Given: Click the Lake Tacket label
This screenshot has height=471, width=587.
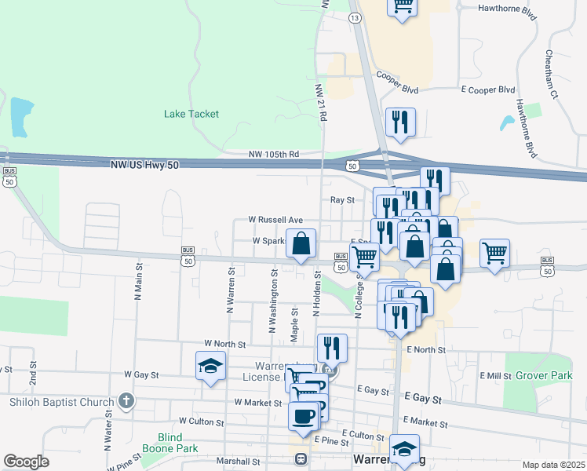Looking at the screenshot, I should (191, 114).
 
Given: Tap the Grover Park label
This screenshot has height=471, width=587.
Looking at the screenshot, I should (544, 376).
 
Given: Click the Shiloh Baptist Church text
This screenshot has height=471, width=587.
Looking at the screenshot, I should (62, 403).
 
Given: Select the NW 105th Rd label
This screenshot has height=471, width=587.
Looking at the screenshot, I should (274, 154).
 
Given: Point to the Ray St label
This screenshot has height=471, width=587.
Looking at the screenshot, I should (343, 200).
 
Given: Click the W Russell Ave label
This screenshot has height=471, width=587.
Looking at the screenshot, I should (275, 220).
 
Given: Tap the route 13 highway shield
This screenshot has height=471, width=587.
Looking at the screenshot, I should (355, 17).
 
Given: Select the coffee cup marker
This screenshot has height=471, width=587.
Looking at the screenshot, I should (303, 415).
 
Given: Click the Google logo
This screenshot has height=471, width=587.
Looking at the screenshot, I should (27, 462).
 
